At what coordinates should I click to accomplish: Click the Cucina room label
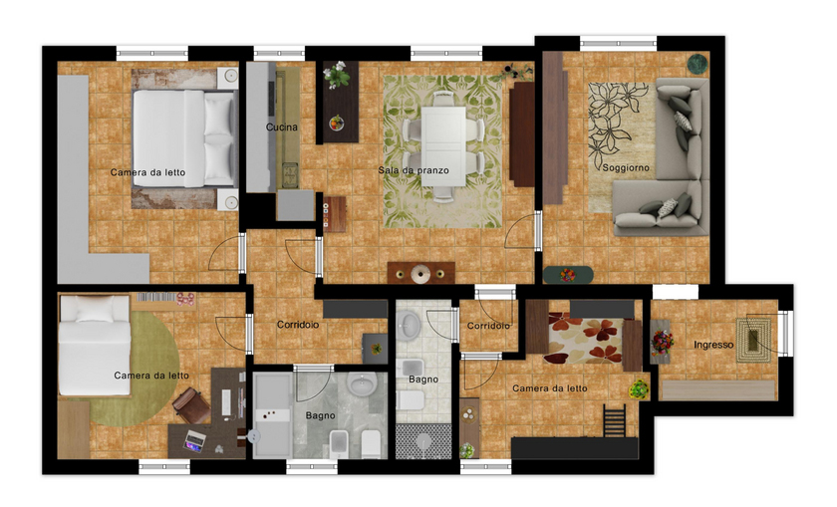[282, 127]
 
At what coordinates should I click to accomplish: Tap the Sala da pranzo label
[414, 170]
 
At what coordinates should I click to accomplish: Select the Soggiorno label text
[626, 167]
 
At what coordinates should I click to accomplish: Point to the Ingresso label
[713, 345]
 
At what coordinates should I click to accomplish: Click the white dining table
[443, 145]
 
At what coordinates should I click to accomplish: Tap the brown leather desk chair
[192, 405]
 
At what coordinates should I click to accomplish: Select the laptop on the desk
[194, 439]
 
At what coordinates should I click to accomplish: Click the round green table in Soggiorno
[697, 64]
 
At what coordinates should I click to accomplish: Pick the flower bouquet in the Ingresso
[662, 342]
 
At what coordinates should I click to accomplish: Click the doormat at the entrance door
[753, 340]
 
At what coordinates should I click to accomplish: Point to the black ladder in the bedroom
[615, 420]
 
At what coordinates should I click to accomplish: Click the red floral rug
[585, 341]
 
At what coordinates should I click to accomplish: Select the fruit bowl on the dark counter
[337, 123]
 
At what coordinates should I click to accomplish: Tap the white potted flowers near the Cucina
[337, 74]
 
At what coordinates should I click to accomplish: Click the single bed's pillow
[95, 309]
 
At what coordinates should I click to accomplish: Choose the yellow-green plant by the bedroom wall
[639, 389]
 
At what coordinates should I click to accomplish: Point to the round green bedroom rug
[134, 369]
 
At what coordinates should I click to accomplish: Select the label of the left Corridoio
[298, 325]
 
